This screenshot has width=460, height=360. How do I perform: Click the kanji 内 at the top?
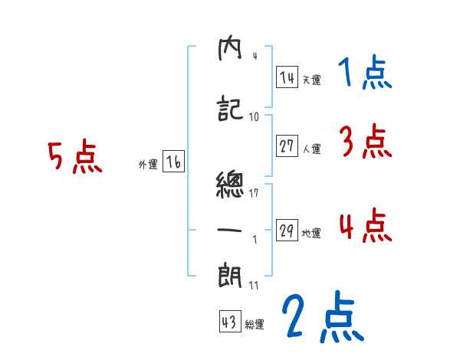point(230,51)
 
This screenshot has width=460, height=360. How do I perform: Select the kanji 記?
point(230,110)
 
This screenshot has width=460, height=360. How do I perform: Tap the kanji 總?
point(230,185)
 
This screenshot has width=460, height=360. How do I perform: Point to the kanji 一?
point(230,228)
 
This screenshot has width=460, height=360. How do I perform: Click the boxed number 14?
point(287,77)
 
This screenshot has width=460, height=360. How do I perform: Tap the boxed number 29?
point(287,231)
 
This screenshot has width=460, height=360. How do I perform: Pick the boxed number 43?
point(228,322)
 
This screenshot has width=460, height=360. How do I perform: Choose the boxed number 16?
point(173,162)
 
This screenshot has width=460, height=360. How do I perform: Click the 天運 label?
point(311,80)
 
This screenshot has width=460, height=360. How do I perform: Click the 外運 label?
point(148,165)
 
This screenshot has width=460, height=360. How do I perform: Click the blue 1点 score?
point(364,74)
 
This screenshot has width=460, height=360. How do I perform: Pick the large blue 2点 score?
point(322,317)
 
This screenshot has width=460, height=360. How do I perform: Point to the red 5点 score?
point(74,159)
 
